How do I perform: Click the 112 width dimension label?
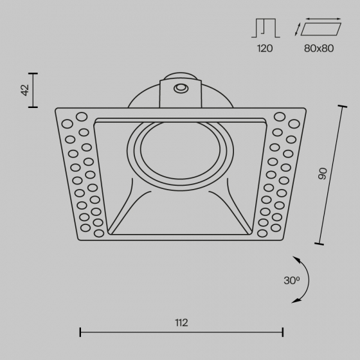(181, 323)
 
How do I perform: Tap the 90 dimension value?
(322, 174)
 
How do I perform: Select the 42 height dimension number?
(25, 90)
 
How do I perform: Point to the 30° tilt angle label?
(292, 280)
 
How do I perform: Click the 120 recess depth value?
(265, 48)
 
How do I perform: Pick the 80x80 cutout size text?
(319, 48)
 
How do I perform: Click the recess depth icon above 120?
(265, 28)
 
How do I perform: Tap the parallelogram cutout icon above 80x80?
(321, 29)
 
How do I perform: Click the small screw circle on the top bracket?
(181, 88)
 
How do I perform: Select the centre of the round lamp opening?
(181, 150)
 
